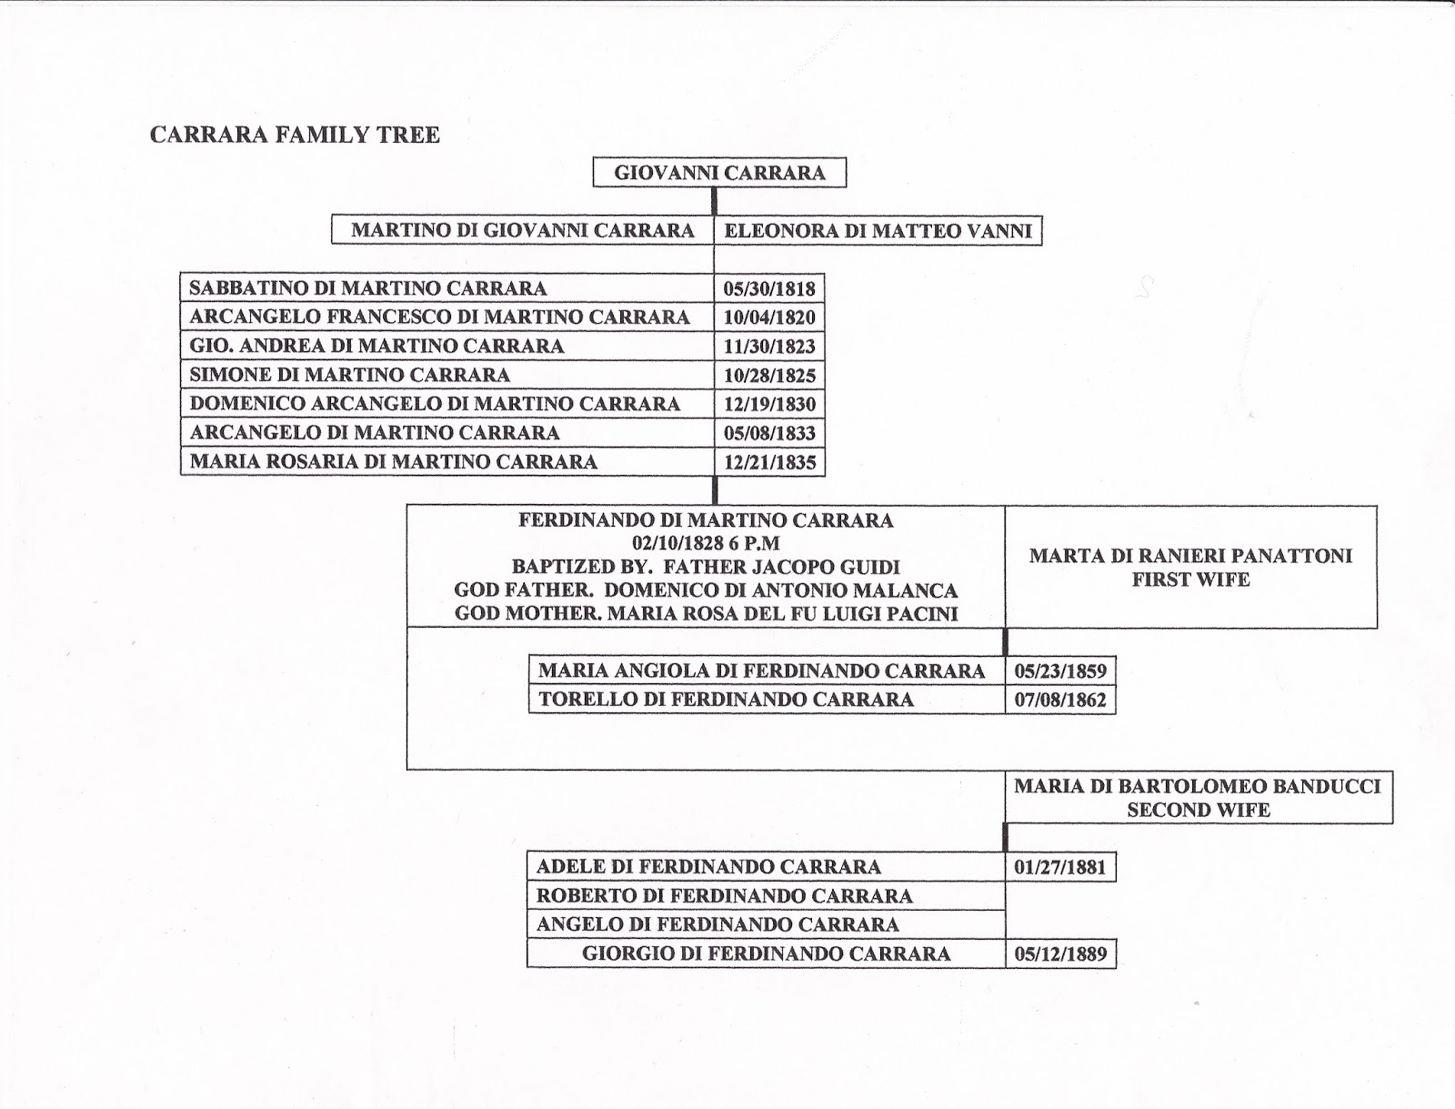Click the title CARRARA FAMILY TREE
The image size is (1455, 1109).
295,136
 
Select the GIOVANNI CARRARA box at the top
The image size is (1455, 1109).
719,173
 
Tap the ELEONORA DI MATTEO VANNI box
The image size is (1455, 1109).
878,231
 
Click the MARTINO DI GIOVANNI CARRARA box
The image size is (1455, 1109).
523,231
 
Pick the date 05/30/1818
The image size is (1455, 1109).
769,289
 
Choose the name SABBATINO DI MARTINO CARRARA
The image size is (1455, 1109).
368,288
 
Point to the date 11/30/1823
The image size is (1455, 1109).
769,347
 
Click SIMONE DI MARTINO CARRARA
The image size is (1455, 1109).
349,375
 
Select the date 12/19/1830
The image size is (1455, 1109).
769,404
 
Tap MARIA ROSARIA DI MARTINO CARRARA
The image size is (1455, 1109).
393,461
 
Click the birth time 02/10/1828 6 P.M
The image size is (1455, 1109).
706,544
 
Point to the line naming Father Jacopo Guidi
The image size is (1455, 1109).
706,567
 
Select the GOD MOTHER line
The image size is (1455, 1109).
706,614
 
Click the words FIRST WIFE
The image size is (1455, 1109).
1190,580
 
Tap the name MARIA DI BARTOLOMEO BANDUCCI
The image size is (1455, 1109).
1198,786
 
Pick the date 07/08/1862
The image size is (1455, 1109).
1060,701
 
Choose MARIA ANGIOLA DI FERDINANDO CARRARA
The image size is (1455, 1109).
761,671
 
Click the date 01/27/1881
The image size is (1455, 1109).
1060,867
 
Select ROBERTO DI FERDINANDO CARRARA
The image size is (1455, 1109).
724,896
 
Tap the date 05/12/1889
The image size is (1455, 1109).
1060,954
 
